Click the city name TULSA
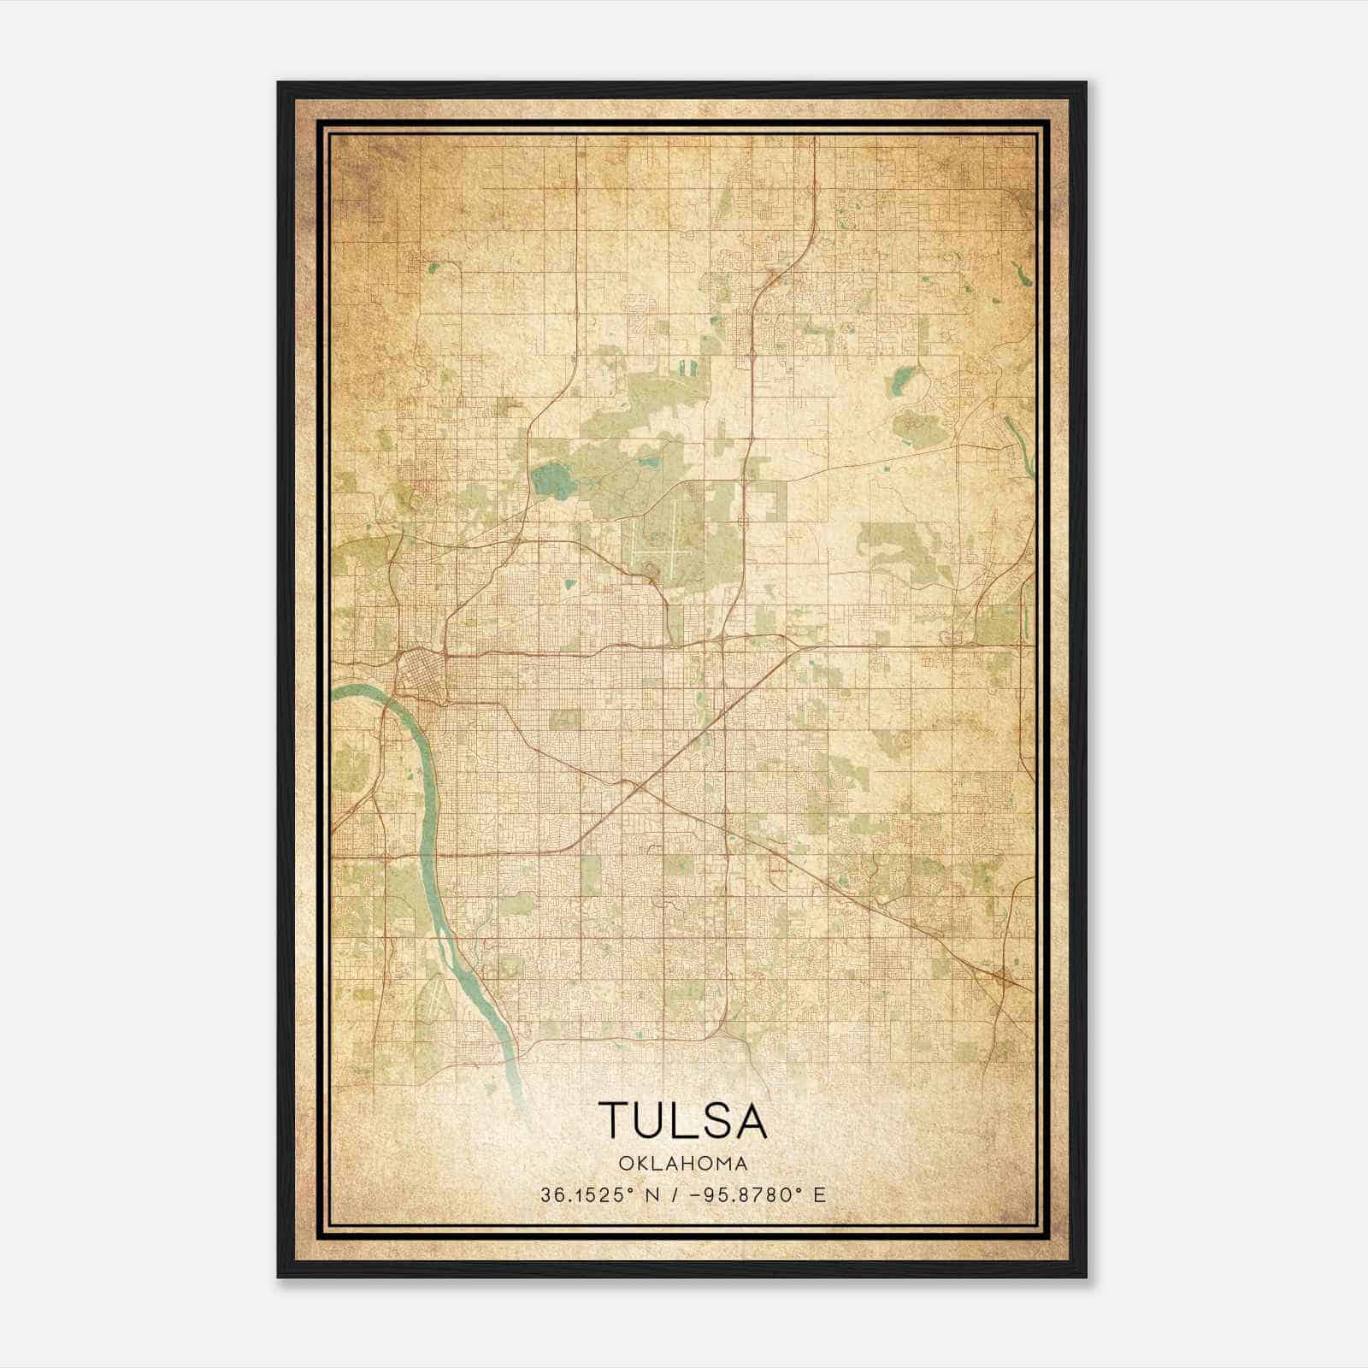point(682,1121)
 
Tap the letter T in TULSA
point(614,1121)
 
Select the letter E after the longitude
point(819,1194)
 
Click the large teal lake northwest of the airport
point(551,482)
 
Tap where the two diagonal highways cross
point(639,785)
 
